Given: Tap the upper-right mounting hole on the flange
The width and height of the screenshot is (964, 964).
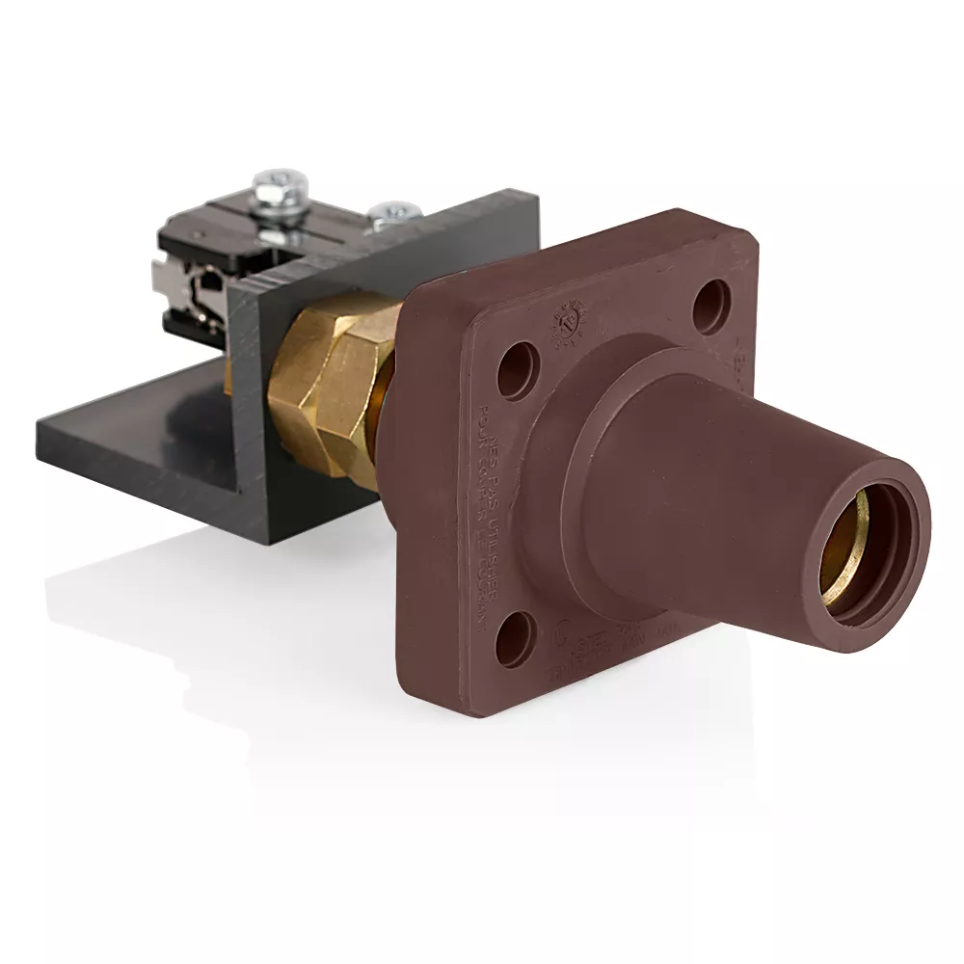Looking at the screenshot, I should (712, 305).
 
